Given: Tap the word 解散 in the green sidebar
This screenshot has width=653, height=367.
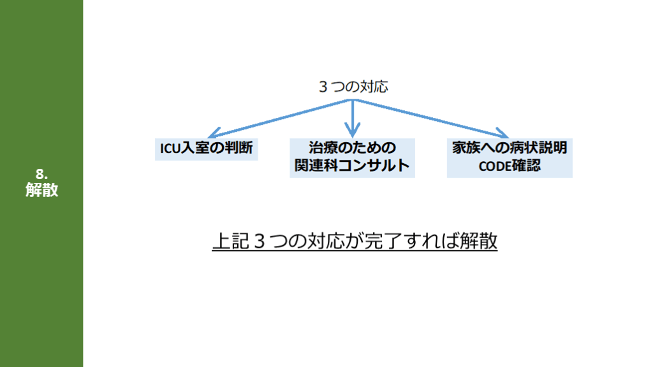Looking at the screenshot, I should [41, 189].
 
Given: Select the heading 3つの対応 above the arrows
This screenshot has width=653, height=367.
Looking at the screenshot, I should [353, 87].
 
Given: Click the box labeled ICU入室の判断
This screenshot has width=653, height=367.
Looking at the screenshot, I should [207, 149].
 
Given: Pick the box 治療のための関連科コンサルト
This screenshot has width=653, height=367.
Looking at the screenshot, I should [352, 157].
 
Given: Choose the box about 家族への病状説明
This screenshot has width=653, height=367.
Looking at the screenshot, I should [510, 157].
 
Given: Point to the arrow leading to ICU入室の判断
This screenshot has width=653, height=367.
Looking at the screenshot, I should [281, 117].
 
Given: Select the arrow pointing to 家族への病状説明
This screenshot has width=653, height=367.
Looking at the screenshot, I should [434, 119].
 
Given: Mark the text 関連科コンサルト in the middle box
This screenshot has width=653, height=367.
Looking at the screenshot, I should [352, 167].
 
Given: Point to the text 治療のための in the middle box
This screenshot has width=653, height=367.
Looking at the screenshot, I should [352, 148].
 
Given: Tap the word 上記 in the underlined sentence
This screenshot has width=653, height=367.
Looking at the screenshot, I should [227, 242].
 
